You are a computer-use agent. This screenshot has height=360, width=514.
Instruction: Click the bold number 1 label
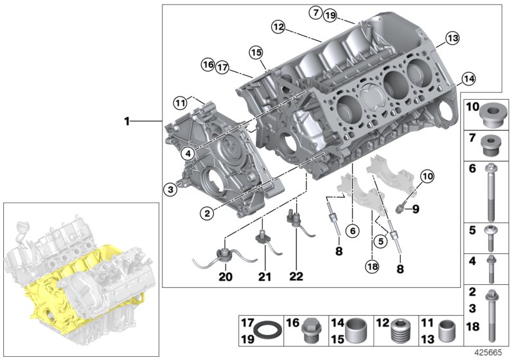coord(127,121)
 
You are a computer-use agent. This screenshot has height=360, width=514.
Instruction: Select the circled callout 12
coord(278,27)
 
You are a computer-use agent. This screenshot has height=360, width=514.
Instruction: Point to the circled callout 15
coord(256,52)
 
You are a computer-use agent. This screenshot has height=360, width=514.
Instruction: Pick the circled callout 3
coord(170,188)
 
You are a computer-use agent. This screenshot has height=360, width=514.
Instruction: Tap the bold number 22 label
coord(296,277)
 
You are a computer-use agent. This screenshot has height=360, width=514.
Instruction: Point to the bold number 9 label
coord(415,208)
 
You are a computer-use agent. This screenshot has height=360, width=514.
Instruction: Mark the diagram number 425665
coord(491,353)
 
